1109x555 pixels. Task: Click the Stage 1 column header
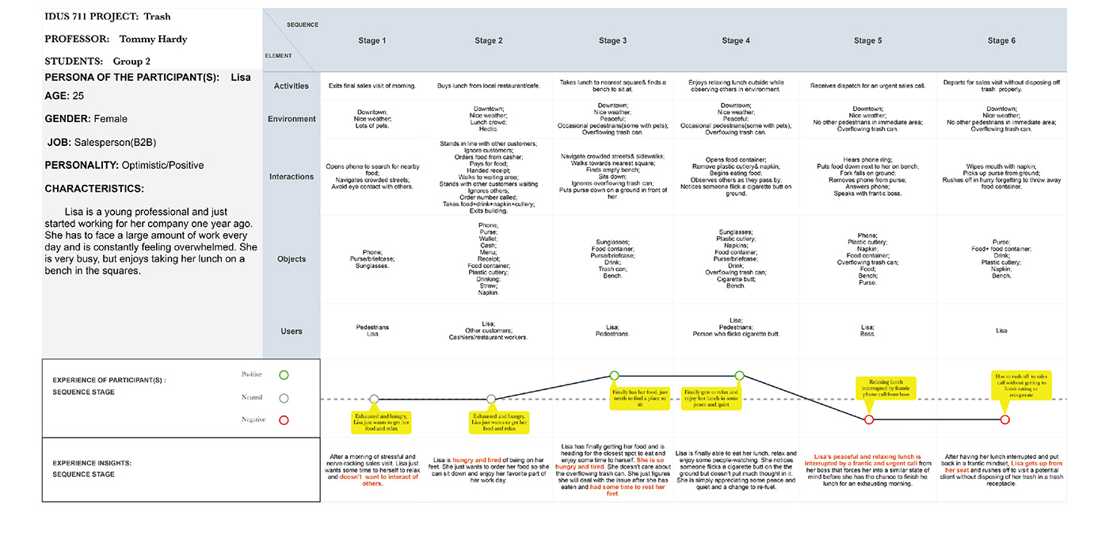click(x=372, y=41)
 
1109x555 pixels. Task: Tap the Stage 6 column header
click(x=1001, y=41)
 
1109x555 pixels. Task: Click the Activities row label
click(x=292, y=86)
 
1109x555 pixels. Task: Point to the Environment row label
click(x=292, y=119)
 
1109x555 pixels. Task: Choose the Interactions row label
click(x=292, y=177)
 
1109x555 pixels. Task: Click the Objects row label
click(x=292, y=259)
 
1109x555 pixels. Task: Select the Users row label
click(x=292, y=331)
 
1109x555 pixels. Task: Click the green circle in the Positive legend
click(x=284, y=375)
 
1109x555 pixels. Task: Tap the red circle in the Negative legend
click(x=284, y=420)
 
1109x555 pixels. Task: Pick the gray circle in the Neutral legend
click(x=284, y=398)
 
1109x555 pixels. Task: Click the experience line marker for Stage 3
click(x=614, y=376)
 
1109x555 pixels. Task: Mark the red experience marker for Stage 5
click(x=869, y=419)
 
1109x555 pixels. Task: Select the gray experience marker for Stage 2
click(x=491, y=399)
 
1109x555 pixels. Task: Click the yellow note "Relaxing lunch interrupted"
click(x=885, y=388)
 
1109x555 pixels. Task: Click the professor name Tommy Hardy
click(x=153, y=39)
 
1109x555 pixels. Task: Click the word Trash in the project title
click(x=157, y=16)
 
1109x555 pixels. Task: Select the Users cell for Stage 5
click(x=867, y=331)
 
